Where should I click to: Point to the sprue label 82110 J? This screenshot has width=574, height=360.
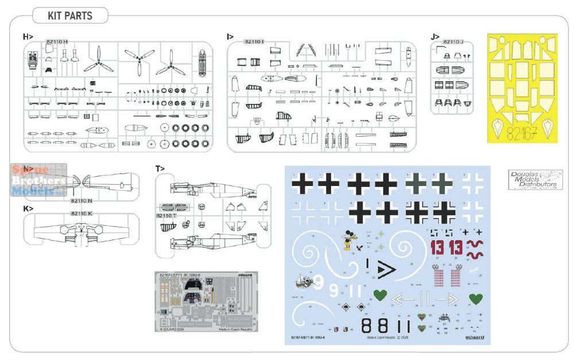pyautogui.click(x=453, y=41)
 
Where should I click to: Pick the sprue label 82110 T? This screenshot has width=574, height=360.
pyautogui.click(x=166, y=215)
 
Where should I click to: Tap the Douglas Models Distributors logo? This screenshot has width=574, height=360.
pyautogui.click(x=536, y=180)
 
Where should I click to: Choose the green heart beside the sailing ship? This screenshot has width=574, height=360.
pyautogui.click(x=379, y=295)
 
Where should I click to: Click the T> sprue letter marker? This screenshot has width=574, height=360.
pyautogui.click(x=160, y=168)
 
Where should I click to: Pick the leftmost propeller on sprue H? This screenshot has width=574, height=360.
pyautogui.click(x=98, y=59)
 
